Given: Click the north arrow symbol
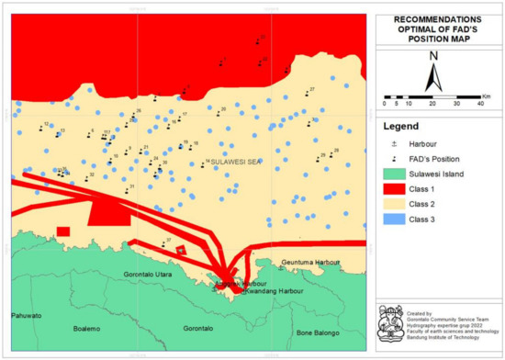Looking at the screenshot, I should (x=434, y=67).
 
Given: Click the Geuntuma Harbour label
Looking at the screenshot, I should (x=311, y=262).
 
